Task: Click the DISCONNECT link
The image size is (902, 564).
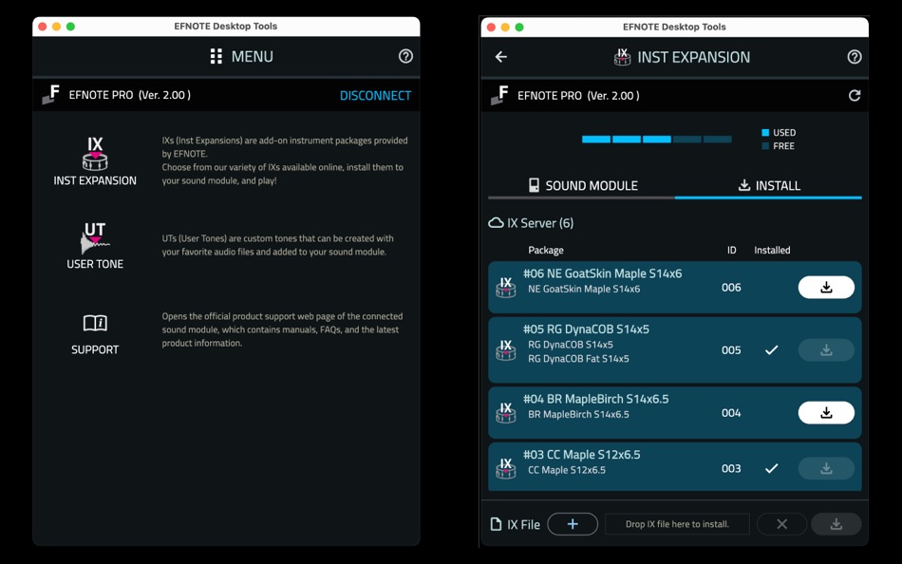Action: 375,96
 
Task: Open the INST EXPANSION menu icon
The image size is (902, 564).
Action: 95,154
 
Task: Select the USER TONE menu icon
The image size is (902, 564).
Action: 95,237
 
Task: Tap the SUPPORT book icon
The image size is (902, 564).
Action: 95,323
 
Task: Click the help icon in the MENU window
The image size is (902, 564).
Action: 405,56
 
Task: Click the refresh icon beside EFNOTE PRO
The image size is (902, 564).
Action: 855,96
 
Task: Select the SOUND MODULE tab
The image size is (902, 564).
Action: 582,185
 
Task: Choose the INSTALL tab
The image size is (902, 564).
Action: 769,185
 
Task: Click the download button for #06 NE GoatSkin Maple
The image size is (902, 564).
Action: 826,287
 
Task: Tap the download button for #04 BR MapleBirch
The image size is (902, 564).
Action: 826,413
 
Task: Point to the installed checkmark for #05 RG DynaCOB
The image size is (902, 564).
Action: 771,350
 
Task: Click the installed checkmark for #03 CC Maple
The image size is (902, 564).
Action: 771,468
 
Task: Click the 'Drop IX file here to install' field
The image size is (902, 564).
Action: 677,524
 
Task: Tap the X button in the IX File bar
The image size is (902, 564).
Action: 781,524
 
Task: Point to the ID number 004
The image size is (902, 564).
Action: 731,413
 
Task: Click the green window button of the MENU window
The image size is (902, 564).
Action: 70,27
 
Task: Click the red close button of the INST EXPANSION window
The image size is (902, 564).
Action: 491,27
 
